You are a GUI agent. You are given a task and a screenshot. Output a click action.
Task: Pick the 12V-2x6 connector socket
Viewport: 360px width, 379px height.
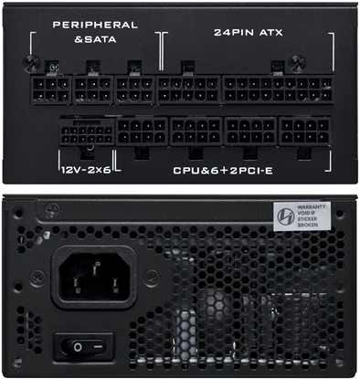[x=85, y=136]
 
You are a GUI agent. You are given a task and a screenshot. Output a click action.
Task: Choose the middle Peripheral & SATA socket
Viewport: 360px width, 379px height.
[x=92, y=89]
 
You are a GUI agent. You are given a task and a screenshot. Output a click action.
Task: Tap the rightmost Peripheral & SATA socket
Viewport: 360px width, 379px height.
[x=134, y=89]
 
